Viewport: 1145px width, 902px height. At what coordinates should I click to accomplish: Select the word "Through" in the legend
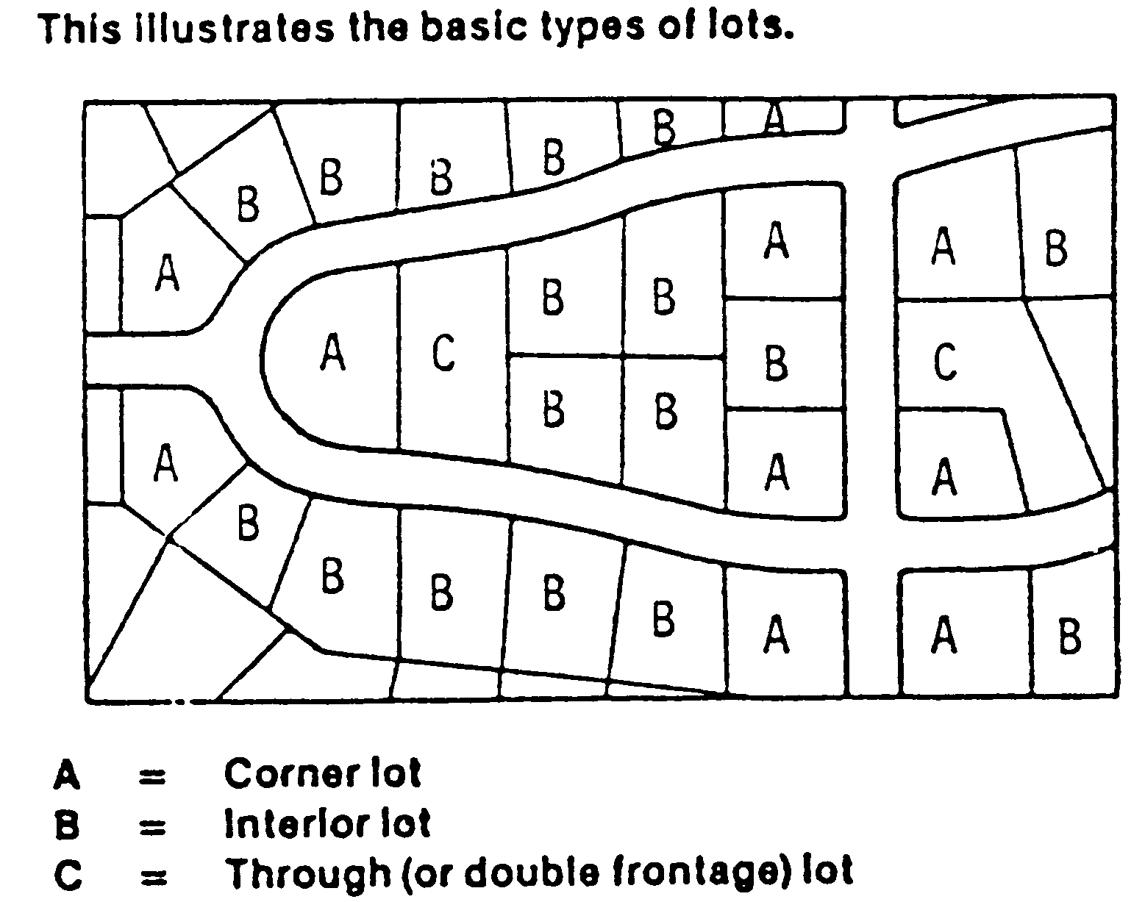click(x=307, y=873)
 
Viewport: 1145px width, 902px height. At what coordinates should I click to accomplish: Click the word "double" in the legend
click(x=532, y=873)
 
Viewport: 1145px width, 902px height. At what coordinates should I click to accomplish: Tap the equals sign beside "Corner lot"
click(x=152, y=776)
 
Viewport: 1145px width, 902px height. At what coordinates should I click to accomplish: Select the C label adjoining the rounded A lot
click(x=443, y=353)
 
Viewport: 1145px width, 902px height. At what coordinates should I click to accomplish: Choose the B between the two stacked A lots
click(x=776, y=362)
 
